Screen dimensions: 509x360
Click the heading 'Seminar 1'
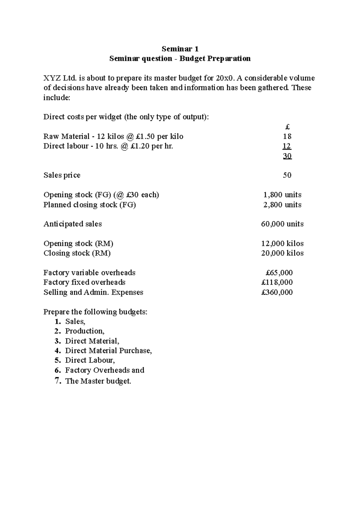[x=180, y=49]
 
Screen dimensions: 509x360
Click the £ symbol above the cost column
[x=287, y=127]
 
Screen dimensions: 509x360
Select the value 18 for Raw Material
[x=287, y=137]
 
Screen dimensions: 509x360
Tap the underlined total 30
[x=287, y=156]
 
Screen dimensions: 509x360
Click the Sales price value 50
[x=287, y=175]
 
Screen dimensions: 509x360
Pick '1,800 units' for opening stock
[x=282, y=195]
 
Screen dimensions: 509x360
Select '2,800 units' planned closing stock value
[x=282, y=205]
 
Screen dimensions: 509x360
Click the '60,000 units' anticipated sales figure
[x=282, y=224]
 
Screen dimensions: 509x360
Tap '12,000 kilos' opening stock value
[x=282, y=243]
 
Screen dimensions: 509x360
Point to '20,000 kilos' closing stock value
[x=282, y=253]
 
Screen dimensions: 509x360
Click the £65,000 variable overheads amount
[x=279, y=273]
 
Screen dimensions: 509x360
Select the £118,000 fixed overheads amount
[x=277, y=282]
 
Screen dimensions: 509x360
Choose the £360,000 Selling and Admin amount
[x=277, y=292]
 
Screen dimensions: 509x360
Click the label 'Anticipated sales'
[x=73, y=224]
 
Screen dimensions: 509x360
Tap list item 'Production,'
[x=85, y=331]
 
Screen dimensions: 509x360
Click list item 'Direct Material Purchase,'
[x=108, y=351]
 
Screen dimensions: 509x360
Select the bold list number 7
[x=57, y=381]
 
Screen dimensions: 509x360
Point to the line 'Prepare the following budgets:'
[x=95, y=312]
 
